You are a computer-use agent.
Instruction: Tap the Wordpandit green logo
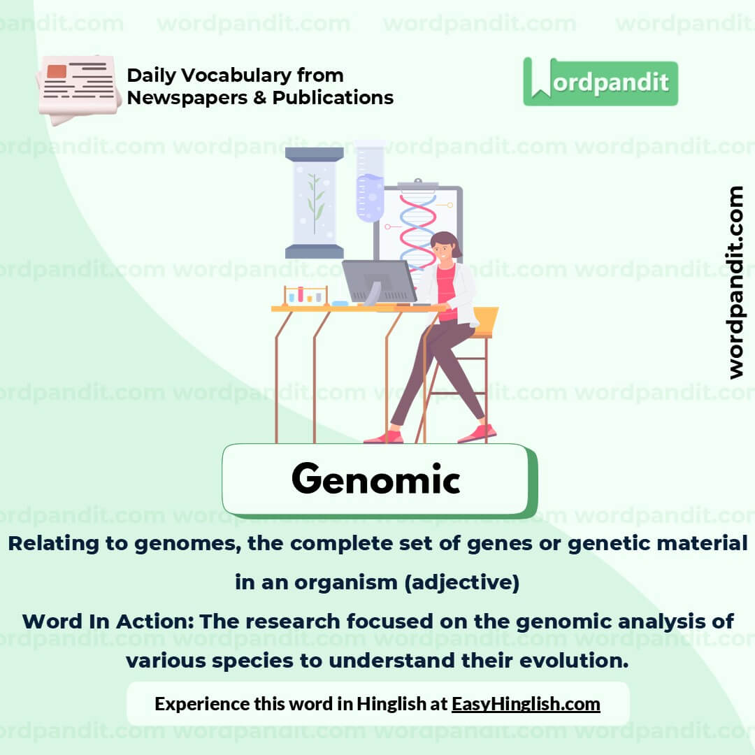click(601, 82)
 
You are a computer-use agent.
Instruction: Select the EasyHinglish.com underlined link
click(526, 703)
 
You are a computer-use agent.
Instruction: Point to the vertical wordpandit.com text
click(735, 282)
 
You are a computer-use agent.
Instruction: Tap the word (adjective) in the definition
click(461, 582)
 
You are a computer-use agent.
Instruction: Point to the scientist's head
click(445, 246)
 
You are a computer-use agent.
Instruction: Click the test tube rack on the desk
click(305, 296)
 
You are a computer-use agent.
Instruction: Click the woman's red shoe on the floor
click(477, 433)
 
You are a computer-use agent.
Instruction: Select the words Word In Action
click(105, 621)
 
